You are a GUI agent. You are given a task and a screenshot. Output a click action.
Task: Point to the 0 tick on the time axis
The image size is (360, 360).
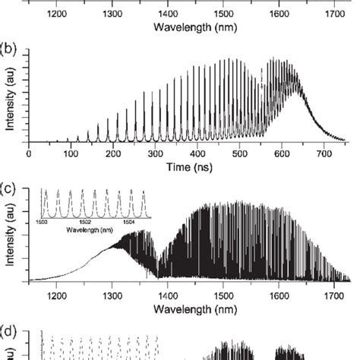click(28, 153)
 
